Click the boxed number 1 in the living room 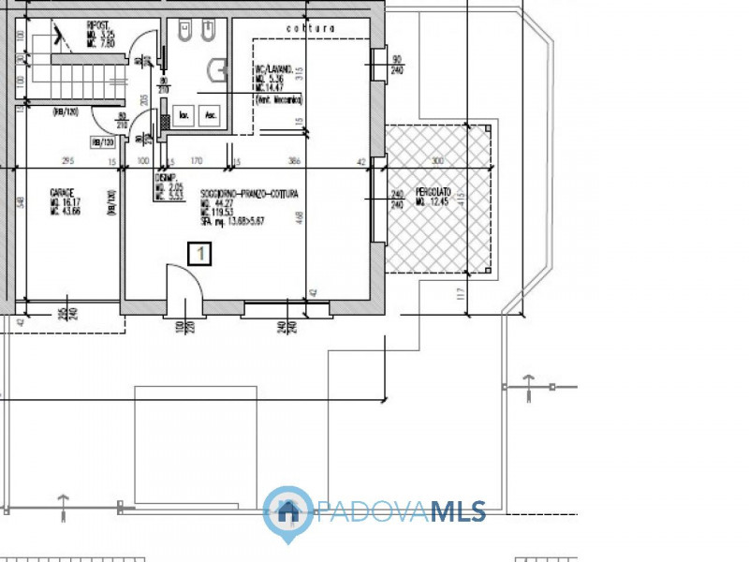click(x=198, y=252)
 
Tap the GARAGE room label click(x=63, y=192)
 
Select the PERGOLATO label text click(x=433, y=192)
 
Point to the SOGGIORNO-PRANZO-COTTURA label click(x=249, y=194)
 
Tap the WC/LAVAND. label click(x=275, y=69)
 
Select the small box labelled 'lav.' click(x=184, y=115)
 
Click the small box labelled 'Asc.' click(x=212, y=115)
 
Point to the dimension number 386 click(x=295, y=161)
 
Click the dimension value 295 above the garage click(x=67, y=161)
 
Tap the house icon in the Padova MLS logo click(x=288, y=511)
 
